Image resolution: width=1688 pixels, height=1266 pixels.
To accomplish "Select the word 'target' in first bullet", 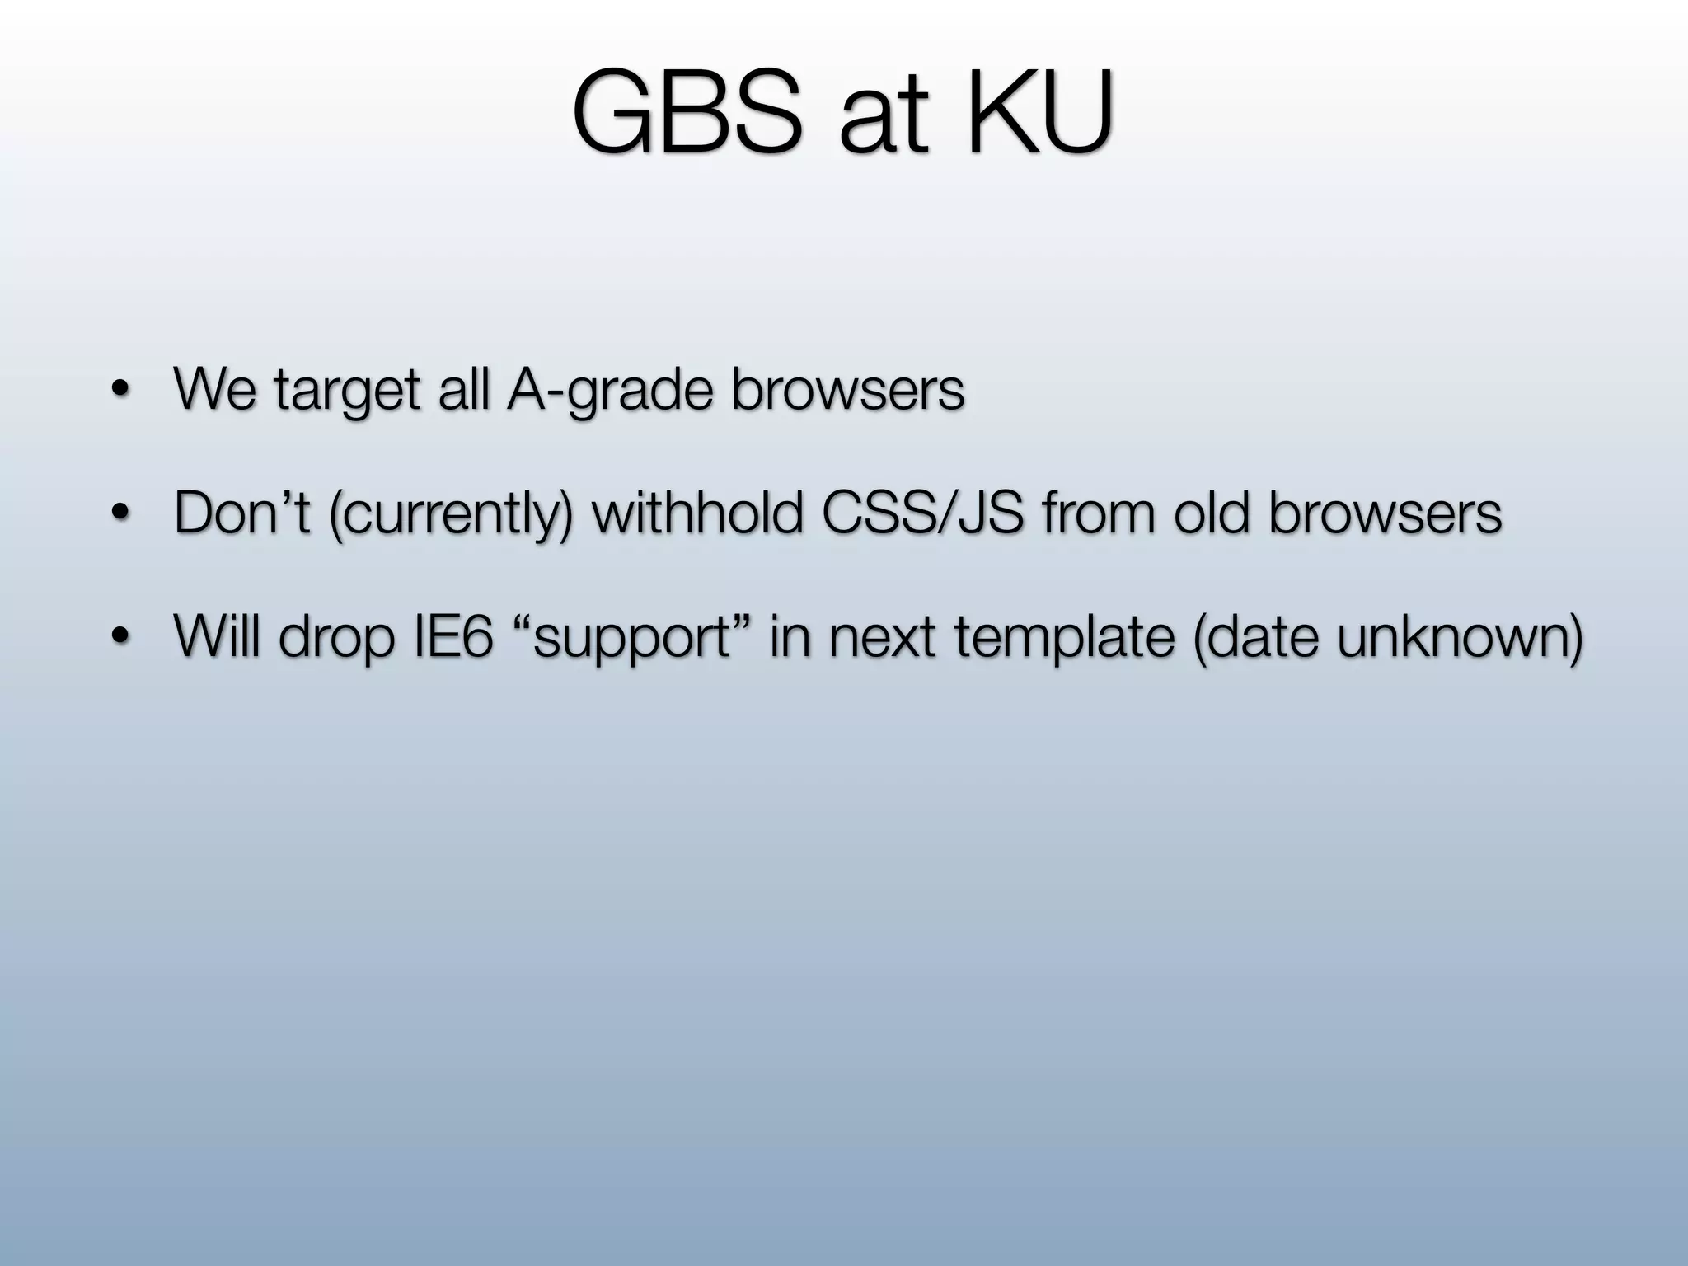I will [x=347, y=391].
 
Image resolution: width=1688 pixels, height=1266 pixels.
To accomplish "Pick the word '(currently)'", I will [x=450, y=514].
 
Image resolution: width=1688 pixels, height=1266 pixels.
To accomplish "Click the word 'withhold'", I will [x=697, y=513].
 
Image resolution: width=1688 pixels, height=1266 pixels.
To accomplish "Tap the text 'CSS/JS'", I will [x=922, y=513].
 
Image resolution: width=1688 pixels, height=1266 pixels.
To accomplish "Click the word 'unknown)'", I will [x=1460, y=636].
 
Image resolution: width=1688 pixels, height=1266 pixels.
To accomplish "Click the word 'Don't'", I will [x=241, y=513].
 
